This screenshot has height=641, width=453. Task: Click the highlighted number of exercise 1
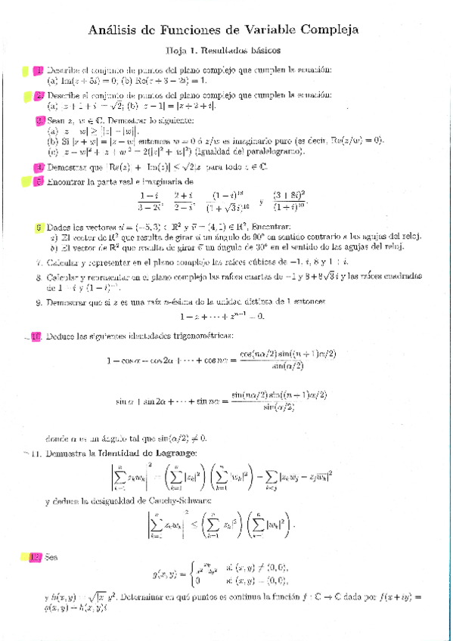39,71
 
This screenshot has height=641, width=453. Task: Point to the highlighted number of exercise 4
39,167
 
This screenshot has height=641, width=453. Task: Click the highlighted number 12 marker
36,558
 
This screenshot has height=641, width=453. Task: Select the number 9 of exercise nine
39,302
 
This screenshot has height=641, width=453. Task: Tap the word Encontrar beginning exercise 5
71,182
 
